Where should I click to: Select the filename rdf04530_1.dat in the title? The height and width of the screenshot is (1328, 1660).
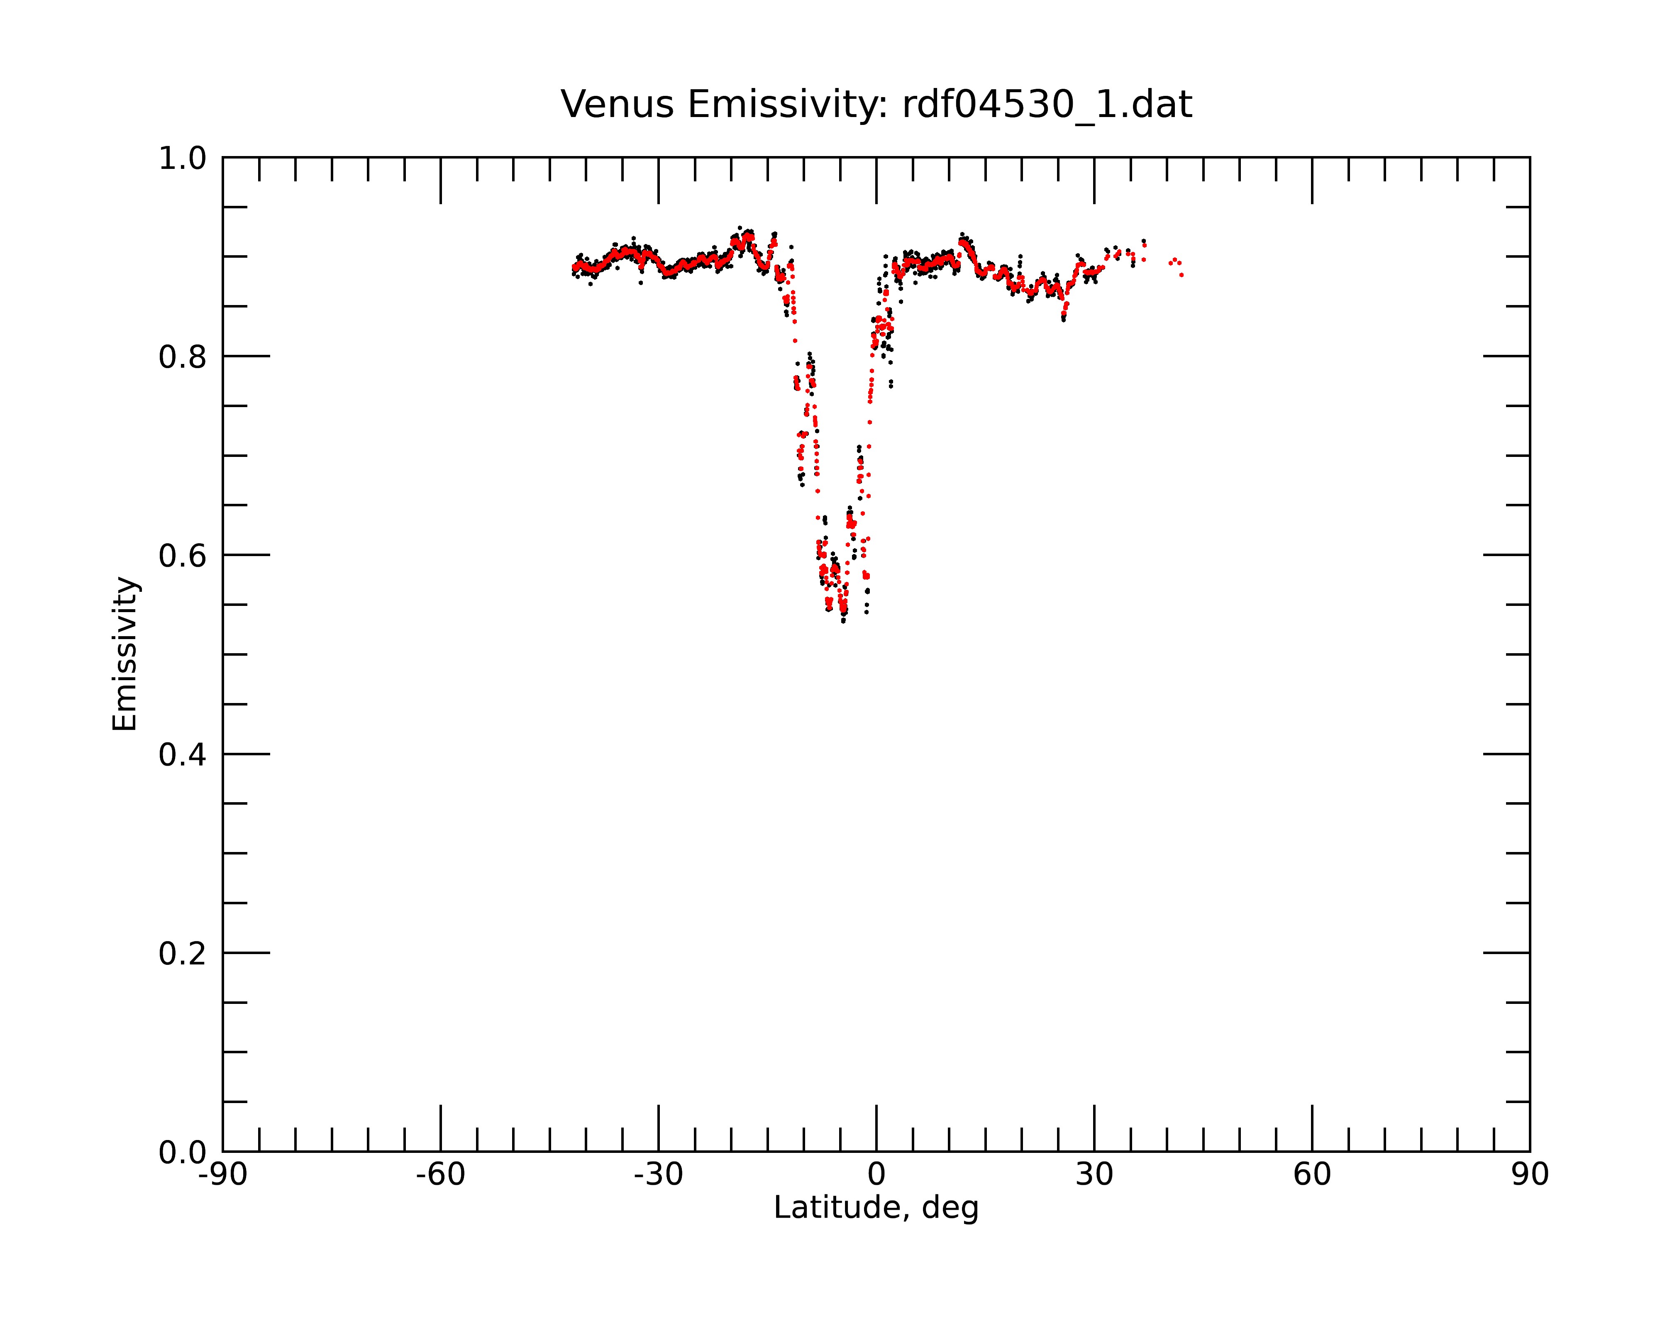pos(1047,105)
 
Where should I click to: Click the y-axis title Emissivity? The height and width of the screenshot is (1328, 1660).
pos(125,654)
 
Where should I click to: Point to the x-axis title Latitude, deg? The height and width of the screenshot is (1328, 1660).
pos(876,1208)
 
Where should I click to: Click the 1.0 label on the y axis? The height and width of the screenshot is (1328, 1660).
pos(183,159)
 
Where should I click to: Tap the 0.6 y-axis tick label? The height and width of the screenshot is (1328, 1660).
pos(183,556)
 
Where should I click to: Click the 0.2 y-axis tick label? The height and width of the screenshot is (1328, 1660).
pos(183,954)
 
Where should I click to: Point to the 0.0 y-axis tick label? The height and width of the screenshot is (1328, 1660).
pos(183,1152)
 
